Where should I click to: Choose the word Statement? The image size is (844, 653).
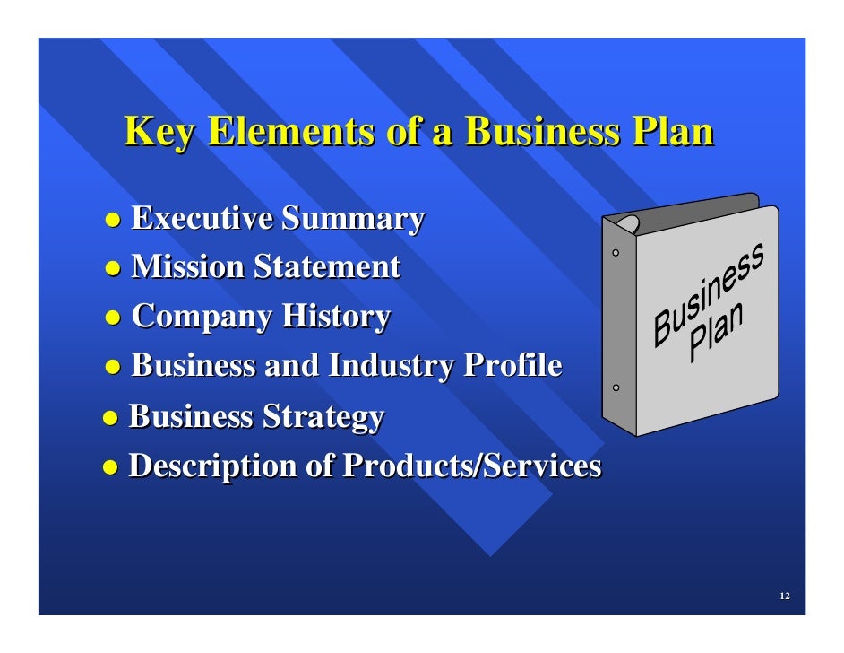(327, 266)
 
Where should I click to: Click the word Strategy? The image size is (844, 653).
(323, 417)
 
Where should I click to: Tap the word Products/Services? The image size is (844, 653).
(472, 466)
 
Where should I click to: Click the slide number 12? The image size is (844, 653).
(784, 597)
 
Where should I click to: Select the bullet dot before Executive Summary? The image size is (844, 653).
(113, 220)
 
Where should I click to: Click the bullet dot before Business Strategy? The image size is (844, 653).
(110, 418)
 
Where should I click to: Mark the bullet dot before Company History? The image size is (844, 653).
(113, 318)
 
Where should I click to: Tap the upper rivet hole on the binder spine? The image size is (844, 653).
(616, 254)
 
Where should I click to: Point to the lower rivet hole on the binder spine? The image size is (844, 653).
(616, 388)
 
